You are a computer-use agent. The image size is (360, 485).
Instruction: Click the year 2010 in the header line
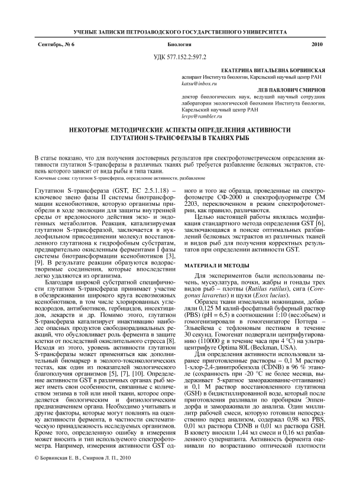317,44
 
